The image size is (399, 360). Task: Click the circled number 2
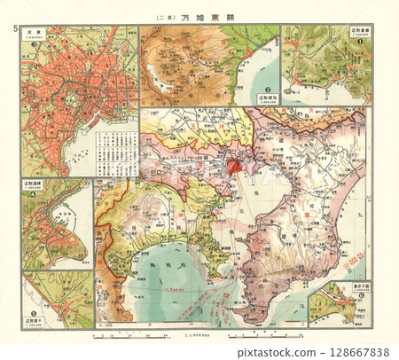[267, 89]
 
